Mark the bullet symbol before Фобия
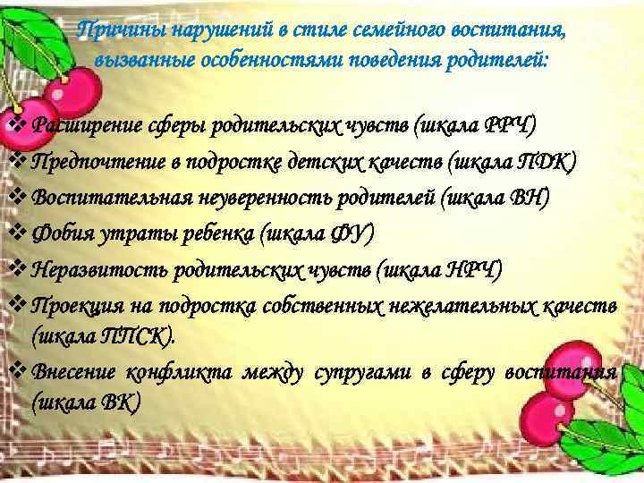[x=17, y=233]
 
